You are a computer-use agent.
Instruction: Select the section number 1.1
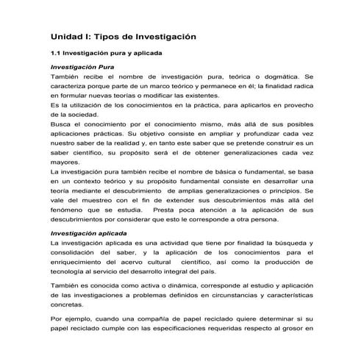tap(55, 54)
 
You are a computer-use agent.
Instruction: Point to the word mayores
tap(65, 163)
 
